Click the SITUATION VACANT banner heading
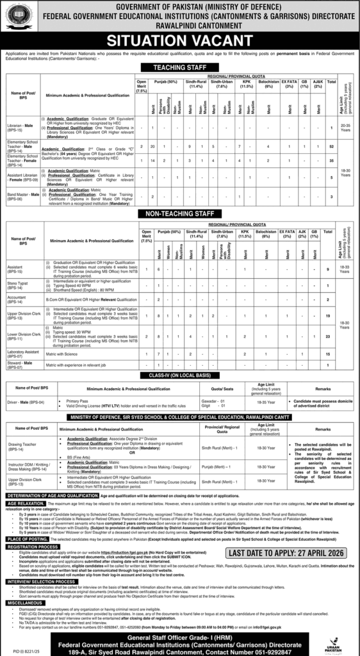pos(180,40)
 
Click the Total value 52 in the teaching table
pos(331,147)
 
